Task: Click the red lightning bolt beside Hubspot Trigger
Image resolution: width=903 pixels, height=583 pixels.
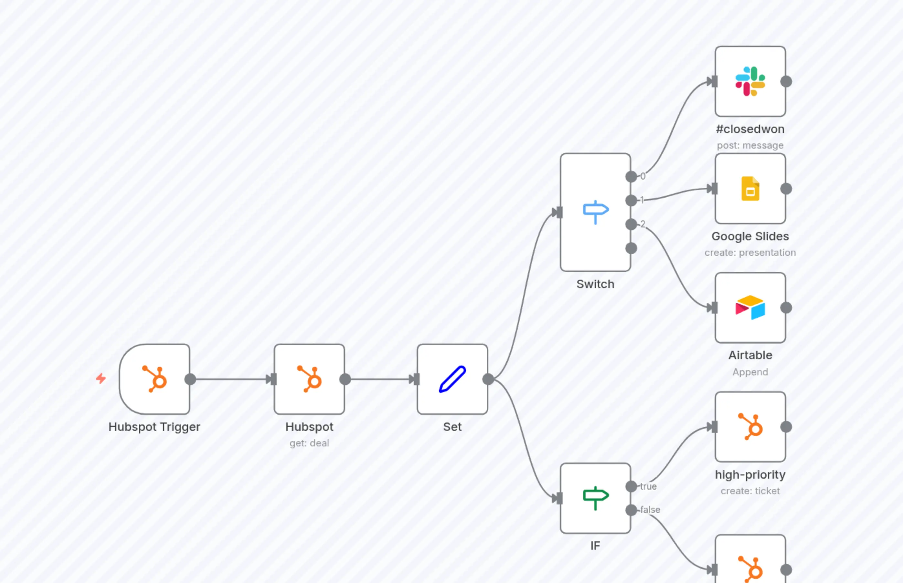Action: coord(101,378)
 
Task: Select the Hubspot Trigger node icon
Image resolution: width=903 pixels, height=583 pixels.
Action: coord(154,379)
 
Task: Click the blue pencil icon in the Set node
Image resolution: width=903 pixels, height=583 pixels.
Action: coord(452,379)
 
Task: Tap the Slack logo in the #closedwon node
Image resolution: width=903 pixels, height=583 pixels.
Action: coord(750,81)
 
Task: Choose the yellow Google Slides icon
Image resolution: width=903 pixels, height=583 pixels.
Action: coord(750,189)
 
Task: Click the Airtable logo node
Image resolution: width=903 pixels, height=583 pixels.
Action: coord(750,307)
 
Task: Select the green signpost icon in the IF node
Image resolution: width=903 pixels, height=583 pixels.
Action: coord(595,498)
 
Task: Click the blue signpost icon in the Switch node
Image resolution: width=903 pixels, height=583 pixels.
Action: coord(595,212)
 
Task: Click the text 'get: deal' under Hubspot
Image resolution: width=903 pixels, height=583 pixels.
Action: coord(309,443)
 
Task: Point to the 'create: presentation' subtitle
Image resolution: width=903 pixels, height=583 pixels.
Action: coord(750,253)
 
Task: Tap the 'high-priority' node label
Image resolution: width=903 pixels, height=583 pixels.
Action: coord(750,474)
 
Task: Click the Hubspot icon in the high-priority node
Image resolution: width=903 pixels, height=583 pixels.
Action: coord(750,427)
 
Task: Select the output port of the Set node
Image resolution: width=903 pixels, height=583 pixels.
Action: coord(488,379)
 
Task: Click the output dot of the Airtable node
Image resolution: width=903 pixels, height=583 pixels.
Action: coord(786,308)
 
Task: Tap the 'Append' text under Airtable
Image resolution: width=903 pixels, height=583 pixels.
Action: coord(750,372)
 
